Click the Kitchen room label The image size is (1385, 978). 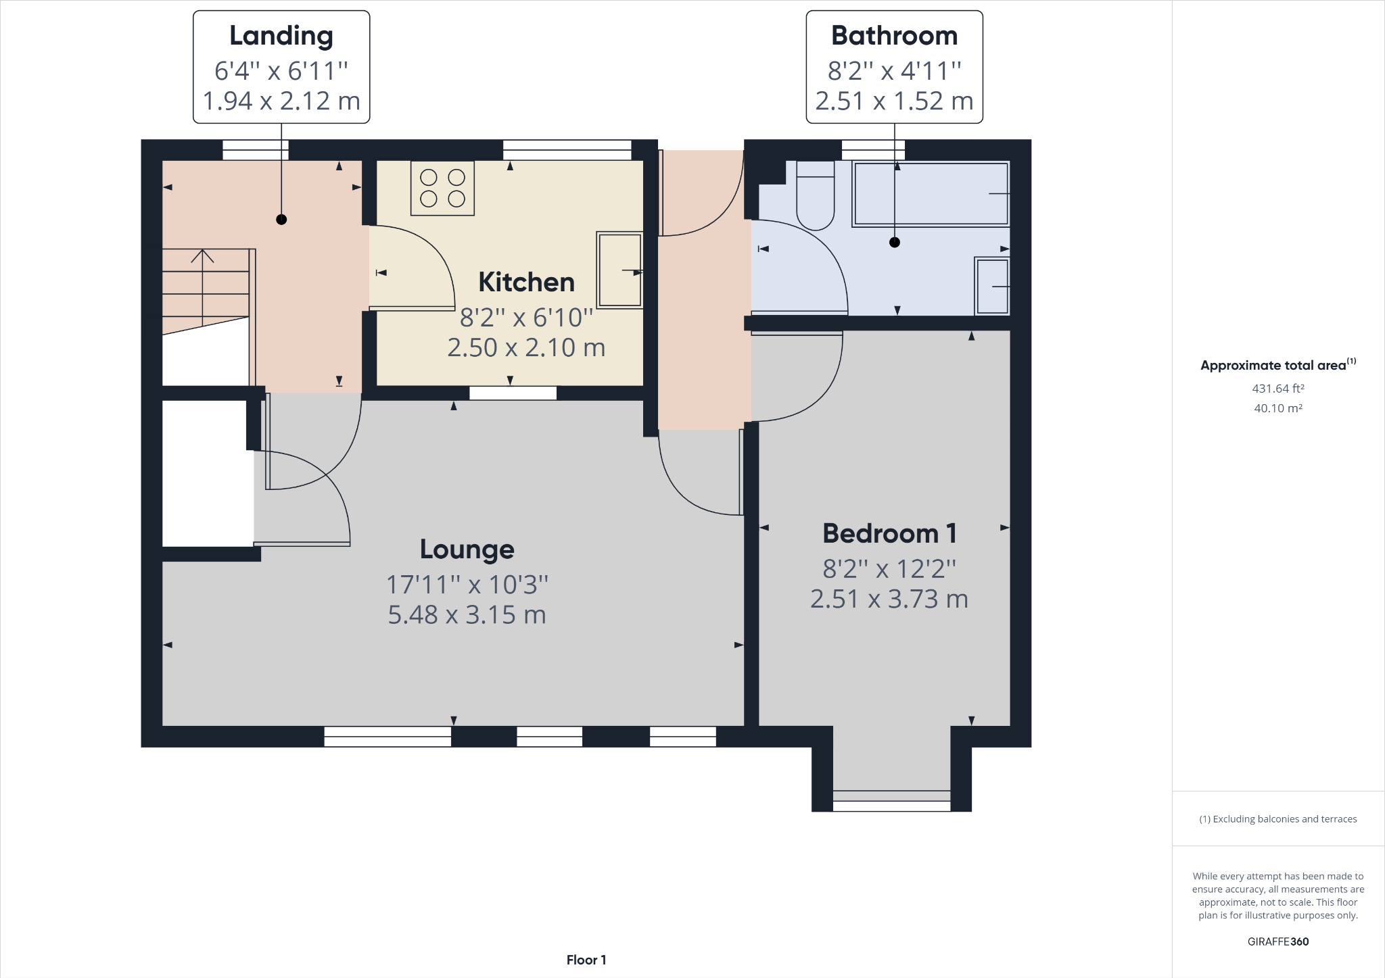(x=526, y=283)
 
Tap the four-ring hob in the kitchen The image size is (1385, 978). (x=442, y=188)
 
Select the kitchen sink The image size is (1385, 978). (x=619, y=270)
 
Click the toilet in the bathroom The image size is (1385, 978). (x=815, y=196)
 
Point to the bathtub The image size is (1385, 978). (x=931, y=193)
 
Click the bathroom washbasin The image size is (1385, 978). (x=992, y=286)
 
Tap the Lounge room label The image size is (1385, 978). (x=467, y=549)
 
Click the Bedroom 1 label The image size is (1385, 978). (x=889, y=533)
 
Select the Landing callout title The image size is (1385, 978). (x=281, y=36)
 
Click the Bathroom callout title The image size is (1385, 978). (x=894, y=36)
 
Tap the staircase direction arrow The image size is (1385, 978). (x=202, y=257)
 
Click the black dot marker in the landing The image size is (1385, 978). (x=281, y=220)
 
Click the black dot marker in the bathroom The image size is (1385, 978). (x=895, y=242)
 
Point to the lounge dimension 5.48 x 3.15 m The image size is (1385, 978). (x=467, y=615)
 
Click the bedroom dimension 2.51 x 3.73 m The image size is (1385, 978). (x=889, y=600)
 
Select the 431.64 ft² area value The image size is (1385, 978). (x=1277, y=389)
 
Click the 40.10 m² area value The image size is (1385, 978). (x=1277, y=408)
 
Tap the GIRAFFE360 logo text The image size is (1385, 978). (x=1277, y=942)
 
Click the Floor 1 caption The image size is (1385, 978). (x=586, y=960)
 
